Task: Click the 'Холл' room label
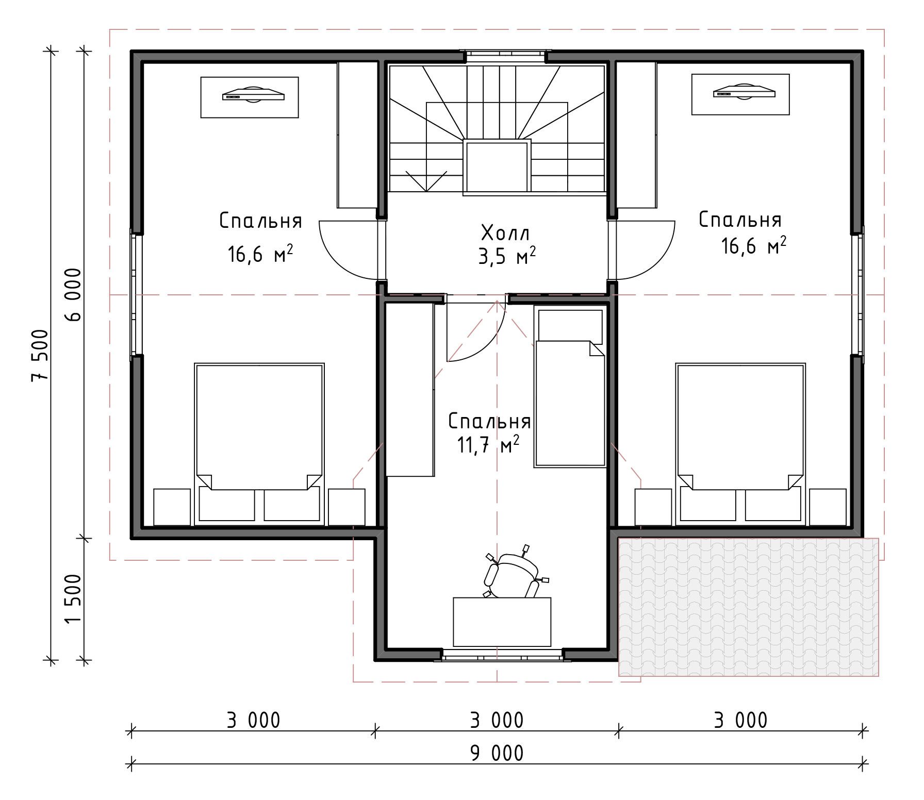pyautogui.click(x=505, y=233)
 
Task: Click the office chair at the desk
pyautogui.click(x=513, y=573)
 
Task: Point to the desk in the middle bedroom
pyautogui.click(x=502, y=622)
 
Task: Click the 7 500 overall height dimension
pyautogui.click(x=40, y=356)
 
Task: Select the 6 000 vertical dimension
pyautogui.click(x=73, y=295)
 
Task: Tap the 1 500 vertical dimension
pyautogui.click(x=73, y=598)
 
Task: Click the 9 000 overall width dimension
pyautogui.click(x=497, y=753)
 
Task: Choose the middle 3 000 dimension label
pyautogui.click(x=497, y=720)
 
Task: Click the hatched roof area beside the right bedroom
pyautogui.click(x=749, y=607)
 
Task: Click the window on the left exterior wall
pyautogui.click(x=136, y=294)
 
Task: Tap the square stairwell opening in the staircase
pyautogui.click(x=497, y=167)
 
